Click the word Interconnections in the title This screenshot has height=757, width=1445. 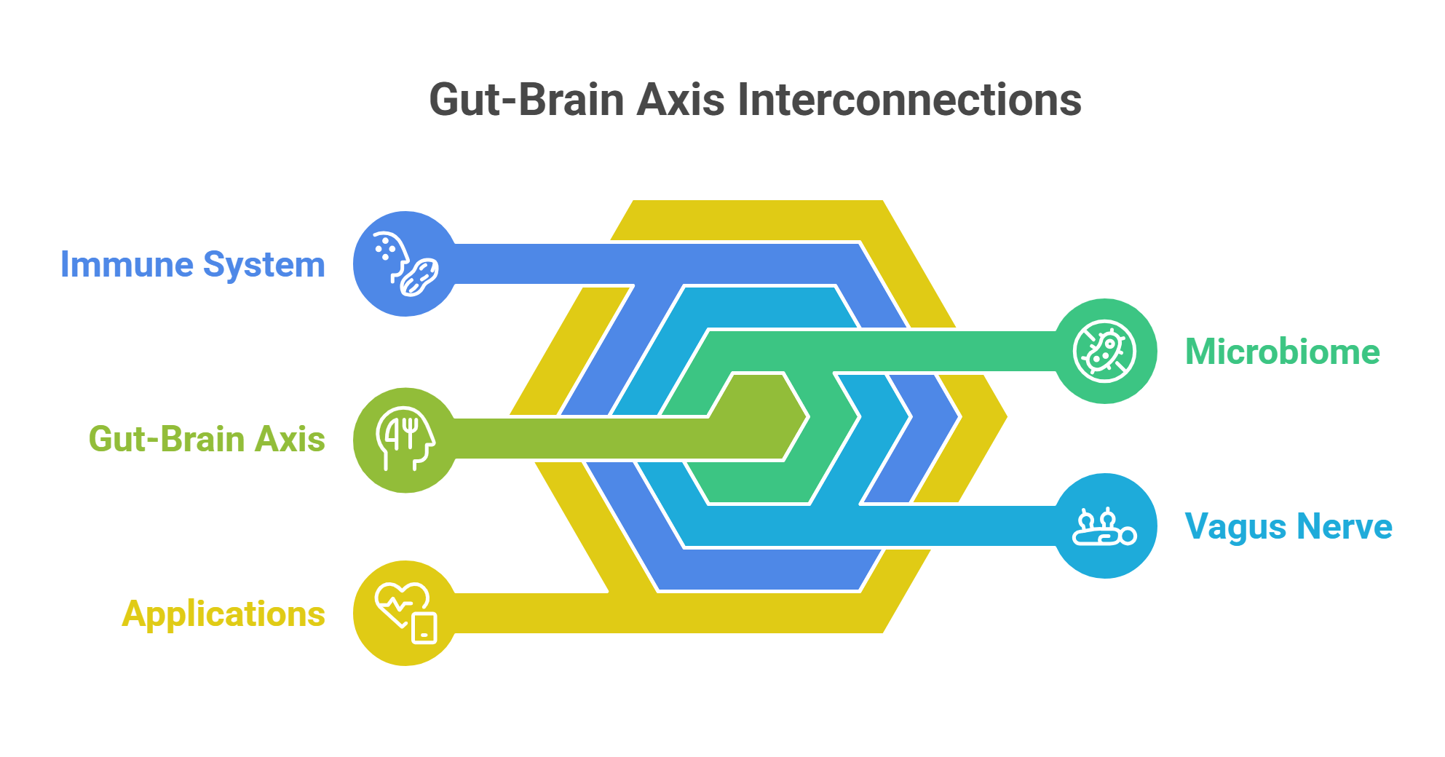[x=909, y=100]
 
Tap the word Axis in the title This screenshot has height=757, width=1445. [x=681, y=100]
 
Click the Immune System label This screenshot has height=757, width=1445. [x=192, y=264]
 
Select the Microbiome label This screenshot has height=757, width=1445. [x=1282, y=352]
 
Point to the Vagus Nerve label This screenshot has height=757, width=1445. [x=1288, y=526]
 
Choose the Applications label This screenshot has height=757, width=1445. [x=223, y=614]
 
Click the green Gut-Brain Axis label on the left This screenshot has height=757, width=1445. [x=207, y=439]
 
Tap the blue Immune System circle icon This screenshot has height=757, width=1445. [x=405, y=263]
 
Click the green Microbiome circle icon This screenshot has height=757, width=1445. [x=1105, y=351]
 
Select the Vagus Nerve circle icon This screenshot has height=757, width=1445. [x=1105, y=526]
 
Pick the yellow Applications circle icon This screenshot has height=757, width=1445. [x=405, y=613]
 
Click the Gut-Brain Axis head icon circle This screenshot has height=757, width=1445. [x=405, y=440]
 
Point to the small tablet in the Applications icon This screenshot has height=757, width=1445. [x=424, y=628]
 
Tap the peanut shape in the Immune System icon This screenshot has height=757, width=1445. [x=419, y=277]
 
